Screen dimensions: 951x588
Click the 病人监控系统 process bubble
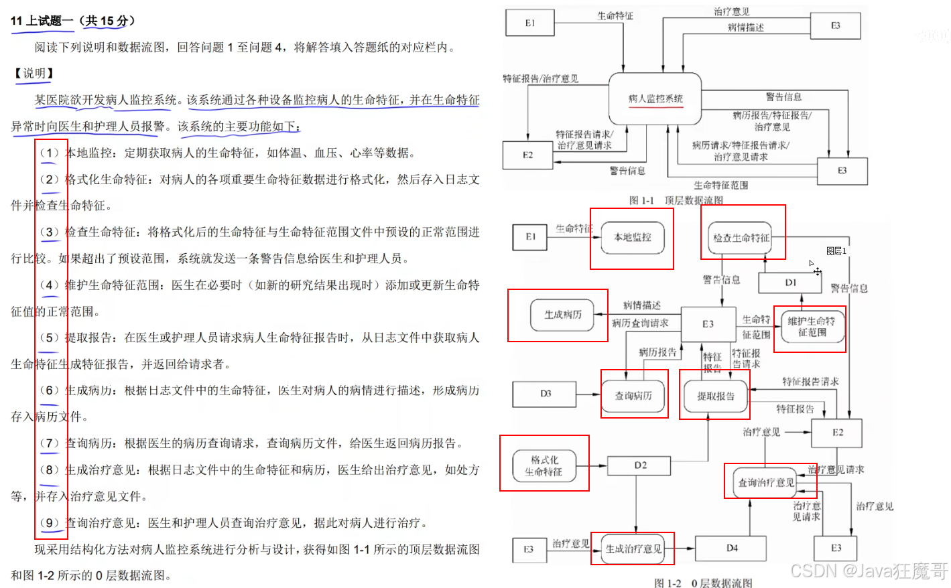[x=655, y=99]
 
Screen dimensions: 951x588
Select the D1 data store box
[x=790, y=283]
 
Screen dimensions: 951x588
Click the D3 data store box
[x=545, y=394]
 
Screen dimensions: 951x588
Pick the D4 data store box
[x=731, y=548]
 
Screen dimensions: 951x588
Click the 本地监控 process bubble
[x=632, y=238]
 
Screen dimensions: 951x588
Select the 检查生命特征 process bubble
[x=741, y=238]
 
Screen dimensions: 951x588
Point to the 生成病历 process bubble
[x=562, y=315]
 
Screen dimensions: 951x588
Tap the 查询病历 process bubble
[x=633, y=396]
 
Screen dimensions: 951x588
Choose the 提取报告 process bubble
[x=715, y=396]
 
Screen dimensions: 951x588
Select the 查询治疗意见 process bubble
[x=765, y=482]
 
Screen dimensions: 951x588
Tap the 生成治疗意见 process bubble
[x=633, y=549]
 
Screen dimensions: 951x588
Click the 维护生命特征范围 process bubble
[x=811, y=327]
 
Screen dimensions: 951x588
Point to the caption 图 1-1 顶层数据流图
[x=676, y=200]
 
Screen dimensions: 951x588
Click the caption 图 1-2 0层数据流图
[x=702, y=583]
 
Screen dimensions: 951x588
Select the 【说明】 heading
[x=34, y=73]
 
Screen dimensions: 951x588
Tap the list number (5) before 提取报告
[x=49, y=338]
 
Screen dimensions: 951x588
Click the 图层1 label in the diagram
[x=836, y=251]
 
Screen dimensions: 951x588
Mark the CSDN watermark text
[x=869, y=571]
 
